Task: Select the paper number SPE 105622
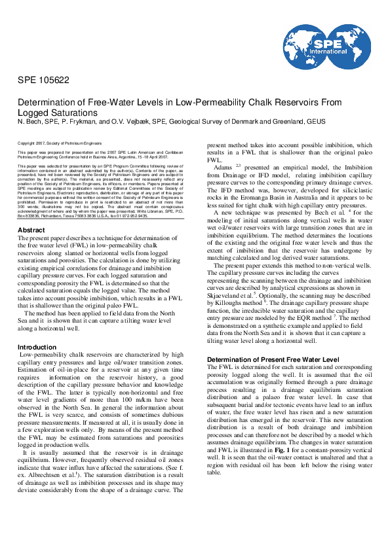43,80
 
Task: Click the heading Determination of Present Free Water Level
273,360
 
